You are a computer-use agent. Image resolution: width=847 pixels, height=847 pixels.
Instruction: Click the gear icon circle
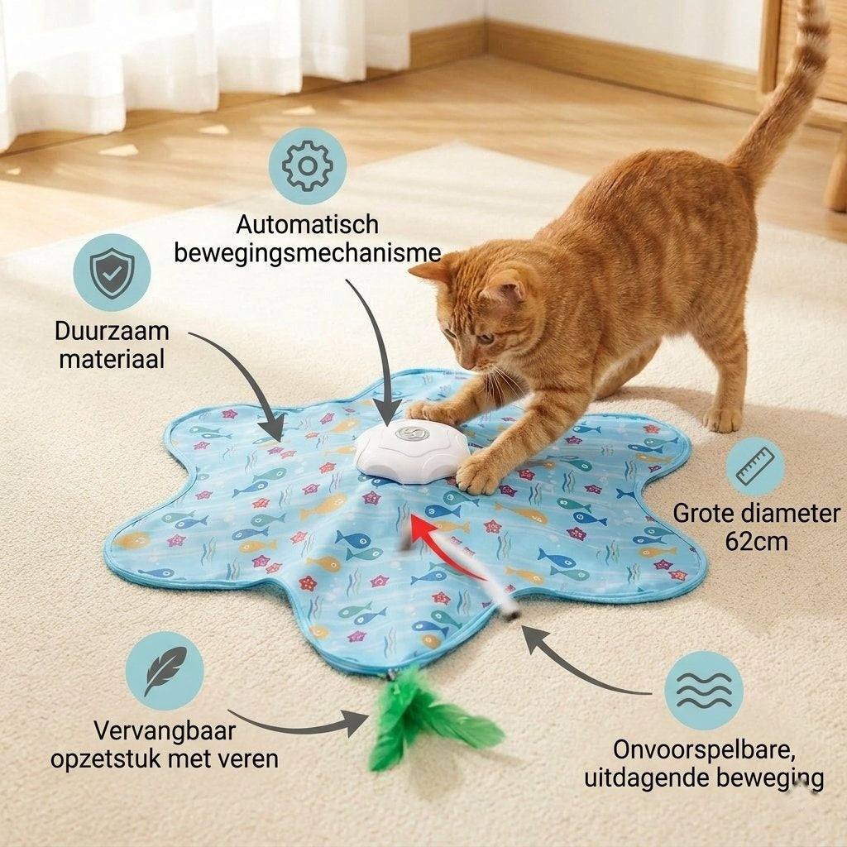pos(308,165)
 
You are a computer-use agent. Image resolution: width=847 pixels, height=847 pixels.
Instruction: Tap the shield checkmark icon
pos(112,272)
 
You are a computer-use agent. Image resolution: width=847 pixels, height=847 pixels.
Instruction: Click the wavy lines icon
pos(703,691)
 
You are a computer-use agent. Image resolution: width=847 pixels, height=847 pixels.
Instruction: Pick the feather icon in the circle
pos(165,672)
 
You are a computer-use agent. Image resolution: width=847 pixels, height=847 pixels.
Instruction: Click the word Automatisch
pos(308,224)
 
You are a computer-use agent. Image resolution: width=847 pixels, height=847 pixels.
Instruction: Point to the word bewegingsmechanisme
pos(308,253)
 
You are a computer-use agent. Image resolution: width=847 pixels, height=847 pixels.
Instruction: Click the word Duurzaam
pos(112,331)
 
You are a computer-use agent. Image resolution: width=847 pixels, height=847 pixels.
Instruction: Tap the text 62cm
pos(756,541)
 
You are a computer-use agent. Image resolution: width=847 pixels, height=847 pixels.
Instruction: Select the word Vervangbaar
pos(165,731)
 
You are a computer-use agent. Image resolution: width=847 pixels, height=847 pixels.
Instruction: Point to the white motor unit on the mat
pos(412,447)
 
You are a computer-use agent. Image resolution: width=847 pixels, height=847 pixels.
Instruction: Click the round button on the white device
pos(412,432)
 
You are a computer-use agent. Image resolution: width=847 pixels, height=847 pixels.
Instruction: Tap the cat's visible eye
pos(486,338)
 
